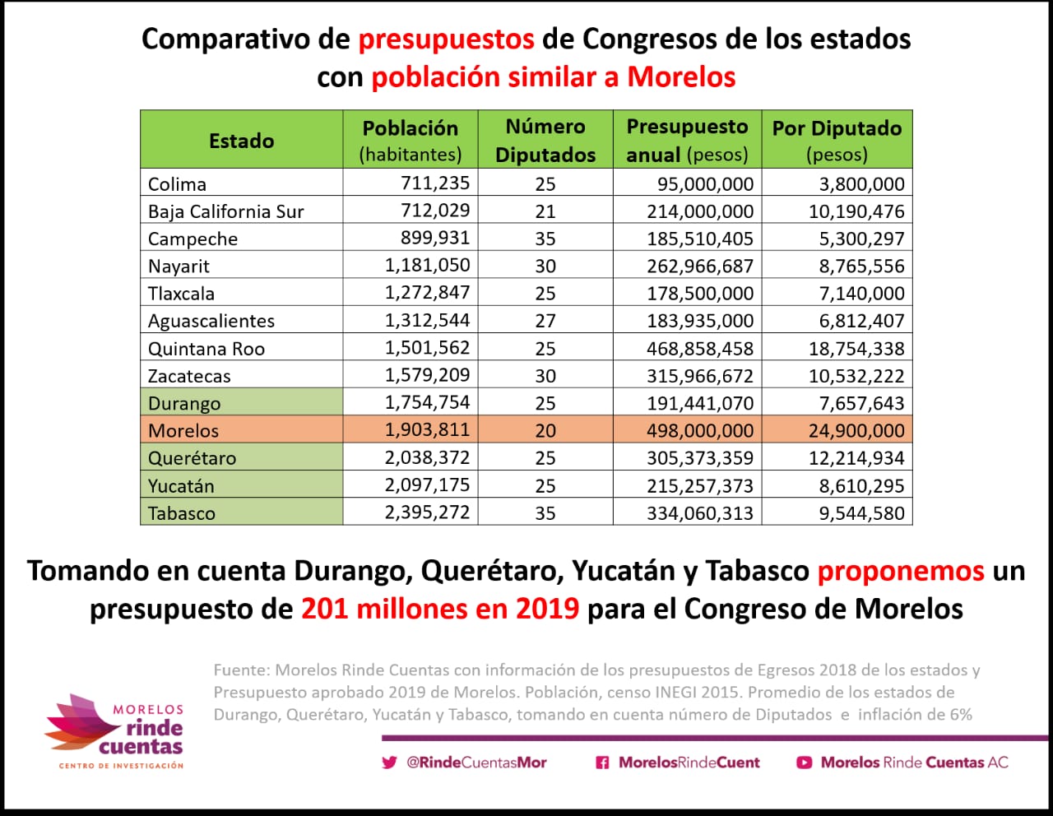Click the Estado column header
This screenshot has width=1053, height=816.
pos(241,141)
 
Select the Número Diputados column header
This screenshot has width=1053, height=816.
pos(545,141)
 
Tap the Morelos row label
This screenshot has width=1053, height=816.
pos(183,430)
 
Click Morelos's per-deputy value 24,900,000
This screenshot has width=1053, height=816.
pos(856,430)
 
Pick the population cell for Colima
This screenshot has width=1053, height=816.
pos(434,183)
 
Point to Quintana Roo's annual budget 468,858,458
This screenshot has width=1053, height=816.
pos(700,349)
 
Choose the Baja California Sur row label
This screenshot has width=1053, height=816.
pos(225,211)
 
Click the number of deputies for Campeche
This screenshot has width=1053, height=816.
pos(545,239)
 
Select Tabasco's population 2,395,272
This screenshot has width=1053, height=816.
pos(427,512)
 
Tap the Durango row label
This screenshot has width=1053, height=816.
pos(184,403)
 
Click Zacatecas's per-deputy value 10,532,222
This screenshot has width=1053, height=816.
pos(856,376)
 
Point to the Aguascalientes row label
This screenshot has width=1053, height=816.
pos(211,321)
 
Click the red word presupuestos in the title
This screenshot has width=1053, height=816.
pos(446,39)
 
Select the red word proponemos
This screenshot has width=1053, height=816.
pos(901,571)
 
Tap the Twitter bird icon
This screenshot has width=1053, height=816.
pos(389,763)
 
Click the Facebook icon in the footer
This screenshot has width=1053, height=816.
pos(602,763)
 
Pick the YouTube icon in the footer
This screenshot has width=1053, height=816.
pos(804,763)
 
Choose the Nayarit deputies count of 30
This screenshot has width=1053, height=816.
pos(545,266)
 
